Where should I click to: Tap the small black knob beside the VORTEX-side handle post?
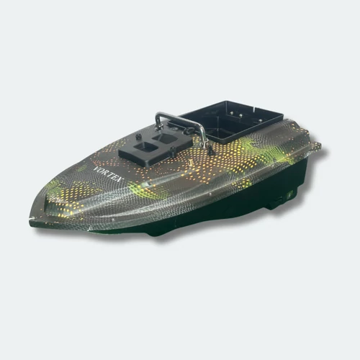coord(138,137)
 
